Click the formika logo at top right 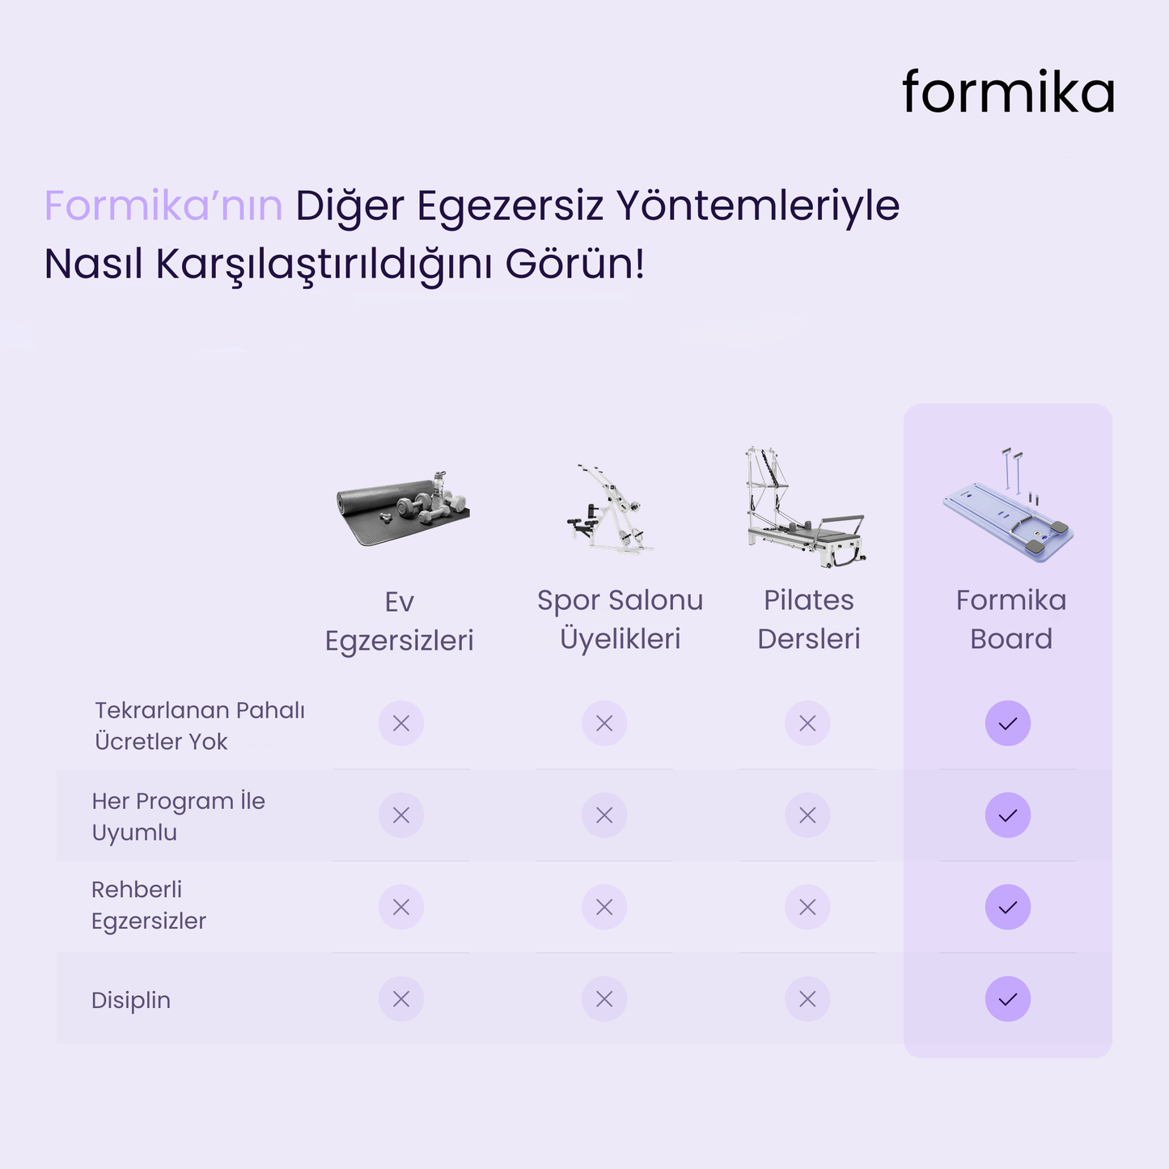[x=1008, y=92]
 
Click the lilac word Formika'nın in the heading [x=163, y=205]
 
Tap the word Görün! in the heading [x=574, y=264]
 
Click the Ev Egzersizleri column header [x=399, y=621]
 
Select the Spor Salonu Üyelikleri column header [x=620, y=620]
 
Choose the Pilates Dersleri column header [x=808, y=620]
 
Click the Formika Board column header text [x=1010, y=620]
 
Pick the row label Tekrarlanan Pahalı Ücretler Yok [x=199, y=726]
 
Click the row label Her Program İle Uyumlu [x=178, y=816]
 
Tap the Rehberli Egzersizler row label [x=148, y=905]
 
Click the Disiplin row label [x=131, y=1000]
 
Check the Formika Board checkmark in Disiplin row [x=1007, y=999]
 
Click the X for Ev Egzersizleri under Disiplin [x=401, y=999]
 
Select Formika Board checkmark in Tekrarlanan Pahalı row [x=1007, y=723]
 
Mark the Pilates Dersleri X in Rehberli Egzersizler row [x=807, y=908]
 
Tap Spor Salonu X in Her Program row [x=604, y=815]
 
